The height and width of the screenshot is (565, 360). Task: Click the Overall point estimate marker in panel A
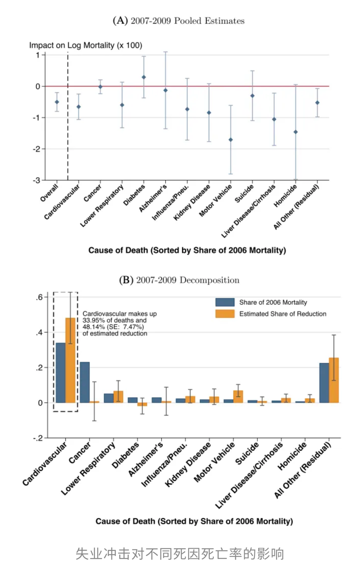[x=57, y=102]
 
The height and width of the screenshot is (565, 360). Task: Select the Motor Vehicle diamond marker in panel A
[x=231, y=140]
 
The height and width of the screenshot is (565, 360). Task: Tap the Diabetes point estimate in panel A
[x=144, y=77]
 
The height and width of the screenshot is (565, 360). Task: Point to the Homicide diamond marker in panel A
[x=296, y=132]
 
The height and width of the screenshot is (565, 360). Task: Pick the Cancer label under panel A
[x=93, y=193]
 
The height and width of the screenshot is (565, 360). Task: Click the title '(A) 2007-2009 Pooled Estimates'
[x=179, y=21]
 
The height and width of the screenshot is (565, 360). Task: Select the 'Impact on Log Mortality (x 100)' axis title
[x=86, y=45]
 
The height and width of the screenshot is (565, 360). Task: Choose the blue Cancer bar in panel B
[x=85, y=382]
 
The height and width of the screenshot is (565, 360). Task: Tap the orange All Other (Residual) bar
[x=334, y=380]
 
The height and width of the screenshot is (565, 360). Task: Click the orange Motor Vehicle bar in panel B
[x=238, y=396]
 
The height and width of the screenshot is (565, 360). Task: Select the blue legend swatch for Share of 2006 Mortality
[x=225, y=302]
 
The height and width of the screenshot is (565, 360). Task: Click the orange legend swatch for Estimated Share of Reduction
[x=225, y=313]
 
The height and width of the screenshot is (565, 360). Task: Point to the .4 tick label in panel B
[x=39, y=332]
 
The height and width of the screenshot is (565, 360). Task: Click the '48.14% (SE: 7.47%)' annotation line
[x=113, y=327]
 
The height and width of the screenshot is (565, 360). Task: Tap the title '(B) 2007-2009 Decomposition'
[x=179, y=280]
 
